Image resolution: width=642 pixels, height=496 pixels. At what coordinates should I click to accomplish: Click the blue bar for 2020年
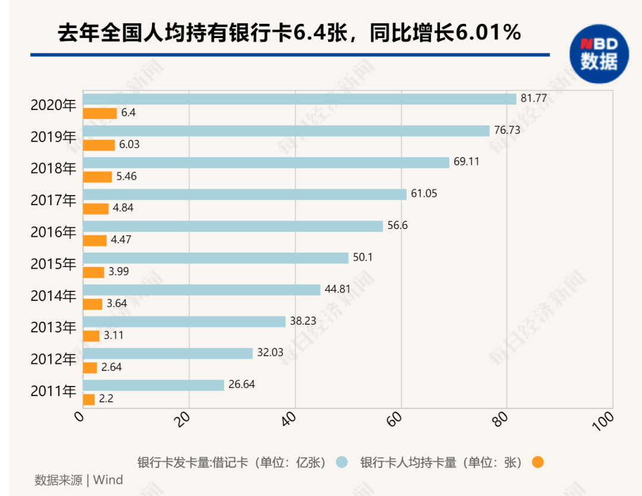(x=300, y=99)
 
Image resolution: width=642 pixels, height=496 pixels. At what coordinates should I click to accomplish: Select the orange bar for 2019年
(x=99, y=145)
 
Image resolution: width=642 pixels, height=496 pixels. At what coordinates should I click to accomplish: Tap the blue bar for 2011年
(x=153, y=385)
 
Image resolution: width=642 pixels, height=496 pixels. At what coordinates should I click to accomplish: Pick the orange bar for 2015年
(x=94, y=272)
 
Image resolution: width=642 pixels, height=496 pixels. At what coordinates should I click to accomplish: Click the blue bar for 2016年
(x=233, y=226)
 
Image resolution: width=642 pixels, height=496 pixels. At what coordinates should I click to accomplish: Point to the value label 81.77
(x=533, y=98)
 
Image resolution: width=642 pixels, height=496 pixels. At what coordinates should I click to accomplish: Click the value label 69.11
(x=467, y=161)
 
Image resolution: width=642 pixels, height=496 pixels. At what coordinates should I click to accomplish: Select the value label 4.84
(x=123, y=208)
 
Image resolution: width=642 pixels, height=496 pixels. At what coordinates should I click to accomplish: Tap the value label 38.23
(x=303, y=321)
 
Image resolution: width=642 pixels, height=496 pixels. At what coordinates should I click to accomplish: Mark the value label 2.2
(x=106, y=398)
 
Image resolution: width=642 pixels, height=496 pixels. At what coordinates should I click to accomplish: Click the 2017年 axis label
(x=53, y=200)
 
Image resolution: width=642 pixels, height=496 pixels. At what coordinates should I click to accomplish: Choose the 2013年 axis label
(x=53, y=327)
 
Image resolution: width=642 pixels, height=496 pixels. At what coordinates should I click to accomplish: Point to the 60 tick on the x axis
(x=394, y=419)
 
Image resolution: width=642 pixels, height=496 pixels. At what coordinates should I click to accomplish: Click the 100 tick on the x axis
(x=603, y=421)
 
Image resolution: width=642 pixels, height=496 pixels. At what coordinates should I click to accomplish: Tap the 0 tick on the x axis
(x=79, y=416)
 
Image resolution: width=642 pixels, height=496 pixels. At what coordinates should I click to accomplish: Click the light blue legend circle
(x=341, y=463)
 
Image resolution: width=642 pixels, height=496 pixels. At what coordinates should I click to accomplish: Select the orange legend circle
(x=537, y=463)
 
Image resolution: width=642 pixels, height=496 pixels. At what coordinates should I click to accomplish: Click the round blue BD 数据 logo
(x=599, y=54)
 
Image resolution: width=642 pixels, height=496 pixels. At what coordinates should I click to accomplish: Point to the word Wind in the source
(x=108, y=479)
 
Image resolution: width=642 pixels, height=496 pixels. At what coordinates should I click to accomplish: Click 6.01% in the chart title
(x=487, y=32)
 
